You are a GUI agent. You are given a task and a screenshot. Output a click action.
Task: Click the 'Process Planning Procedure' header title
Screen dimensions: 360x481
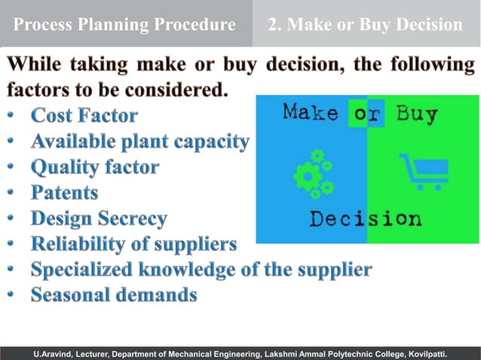click(x=124, y=25)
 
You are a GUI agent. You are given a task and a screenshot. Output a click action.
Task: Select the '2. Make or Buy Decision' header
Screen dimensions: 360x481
click(x=366, y=25)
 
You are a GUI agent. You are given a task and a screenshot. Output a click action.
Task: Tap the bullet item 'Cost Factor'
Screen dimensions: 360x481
click(x=84, y=116)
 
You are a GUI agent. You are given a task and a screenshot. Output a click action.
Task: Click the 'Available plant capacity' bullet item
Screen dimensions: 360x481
click(x=139, y=142)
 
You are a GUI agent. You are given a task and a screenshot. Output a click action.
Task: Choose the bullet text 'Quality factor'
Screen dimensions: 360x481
click(x=94, y=167)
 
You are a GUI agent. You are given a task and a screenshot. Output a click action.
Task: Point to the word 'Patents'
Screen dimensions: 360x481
click(x=64, y=193)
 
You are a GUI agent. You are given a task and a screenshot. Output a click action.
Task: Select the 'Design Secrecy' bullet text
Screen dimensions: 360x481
click(x=99, y=218)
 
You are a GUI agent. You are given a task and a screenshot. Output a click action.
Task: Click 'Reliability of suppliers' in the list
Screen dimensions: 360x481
click(x=133, y=244)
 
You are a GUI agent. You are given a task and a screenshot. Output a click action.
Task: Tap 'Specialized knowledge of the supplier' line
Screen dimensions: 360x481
click(x=201, y=270)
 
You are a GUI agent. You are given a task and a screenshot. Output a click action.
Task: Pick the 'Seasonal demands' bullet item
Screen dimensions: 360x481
click(x=114, y=295)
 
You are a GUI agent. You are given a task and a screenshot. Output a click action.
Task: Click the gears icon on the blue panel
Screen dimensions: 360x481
click(x=313, y=174)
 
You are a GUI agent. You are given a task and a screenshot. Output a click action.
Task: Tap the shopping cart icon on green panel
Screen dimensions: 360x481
click(x=423, y=172)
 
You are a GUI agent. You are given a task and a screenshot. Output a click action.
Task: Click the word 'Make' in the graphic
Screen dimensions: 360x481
click(x=310, y=114)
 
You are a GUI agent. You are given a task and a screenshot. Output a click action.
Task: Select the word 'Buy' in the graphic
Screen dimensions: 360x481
click(x=417, y=114)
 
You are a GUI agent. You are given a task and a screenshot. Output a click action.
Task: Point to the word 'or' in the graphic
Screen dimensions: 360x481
click(x=366, y=114)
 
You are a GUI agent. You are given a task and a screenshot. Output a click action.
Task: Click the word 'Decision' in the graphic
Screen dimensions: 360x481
click(x=366, y=220)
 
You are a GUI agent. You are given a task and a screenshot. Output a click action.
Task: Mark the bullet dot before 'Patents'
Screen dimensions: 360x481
click(x=11, y=194)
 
